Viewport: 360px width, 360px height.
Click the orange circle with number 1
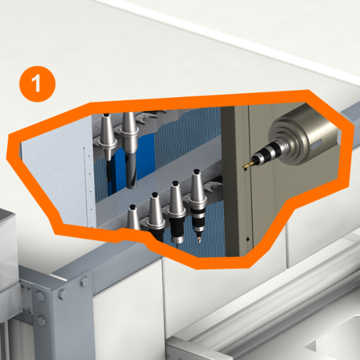coord(37,84)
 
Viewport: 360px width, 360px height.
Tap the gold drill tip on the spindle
coord(247,165)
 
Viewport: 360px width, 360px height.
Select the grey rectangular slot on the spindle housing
coord(316,145)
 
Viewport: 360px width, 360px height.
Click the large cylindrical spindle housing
coord(304,135)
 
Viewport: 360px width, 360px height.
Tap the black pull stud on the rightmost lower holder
coord(197,172)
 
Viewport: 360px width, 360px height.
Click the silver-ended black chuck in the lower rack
coord(178,230)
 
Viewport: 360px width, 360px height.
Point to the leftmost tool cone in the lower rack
coord(133,217)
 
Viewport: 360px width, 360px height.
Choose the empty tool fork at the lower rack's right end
coord(213,186)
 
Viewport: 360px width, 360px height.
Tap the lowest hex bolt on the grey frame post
coord(41,320)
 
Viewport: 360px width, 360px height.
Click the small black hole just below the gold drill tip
coord(246,169)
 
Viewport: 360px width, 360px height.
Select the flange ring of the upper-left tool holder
coord(107,144)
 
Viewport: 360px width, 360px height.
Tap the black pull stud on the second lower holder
coord(155,194)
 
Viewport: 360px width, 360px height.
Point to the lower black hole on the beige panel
coord(248,239)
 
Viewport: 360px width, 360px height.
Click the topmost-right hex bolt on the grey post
coord(84,282)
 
